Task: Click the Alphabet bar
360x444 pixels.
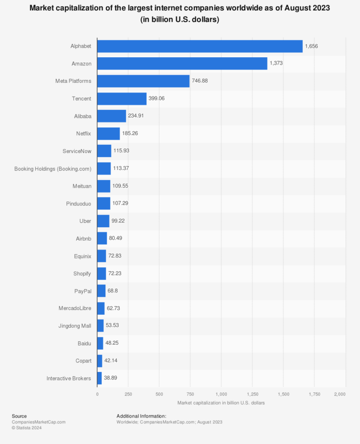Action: (x=200, y=46)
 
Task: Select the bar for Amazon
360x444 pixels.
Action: (x=182, y=63)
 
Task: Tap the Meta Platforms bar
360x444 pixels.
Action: (x=143, y=81)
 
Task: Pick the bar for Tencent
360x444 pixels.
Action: (x=122, y=98)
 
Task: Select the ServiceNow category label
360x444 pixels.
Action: (x=77, y=151)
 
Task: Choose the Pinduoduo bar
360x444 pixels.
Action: (x=104, y=203)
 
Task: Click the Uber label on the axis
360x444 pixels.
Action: (x=85, y=221)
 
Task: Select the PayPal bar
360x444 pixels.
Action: (x=101, y=291)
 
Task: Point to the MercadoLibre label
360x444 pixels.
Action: (x=75, y=308)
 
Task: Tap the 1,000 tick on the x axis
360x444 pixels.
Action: (x=221, y=394)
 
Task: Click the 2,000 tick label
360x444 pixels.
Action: (x=340, y=394)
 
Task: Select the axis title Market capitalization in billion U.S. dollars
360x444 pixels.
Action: (x=221, y=403)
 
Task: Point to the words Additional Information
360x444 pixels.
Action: (x=141, y=416)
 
